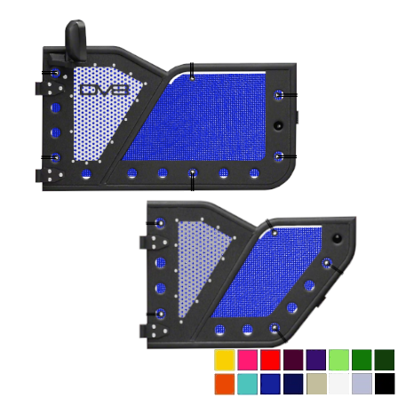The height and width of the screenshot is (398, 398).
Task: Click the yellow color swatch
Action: click(x=225, y=360)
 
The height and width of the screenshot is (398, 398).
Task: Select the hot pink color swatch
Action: click(x=247, y=360)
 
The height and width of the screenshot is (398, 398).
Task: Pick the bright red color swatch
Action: click(x=270, y=360)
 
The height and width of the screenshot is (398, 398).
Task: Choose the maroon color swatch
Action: click(x=293, y=360)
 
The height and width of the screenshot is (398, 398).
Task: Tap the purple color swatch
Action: click(x=316, y=360)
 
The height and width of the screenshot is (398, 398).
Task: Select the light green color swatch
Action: click(x=338, y=360)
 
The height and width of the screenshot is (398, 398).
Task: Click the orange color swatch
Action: click(x=225, y=384)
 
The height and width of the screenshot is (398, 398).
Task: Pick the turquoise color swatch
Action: click(x=247, y=384)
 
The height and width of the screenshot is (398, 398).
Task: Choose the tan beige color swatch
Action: click(x=316, y=384)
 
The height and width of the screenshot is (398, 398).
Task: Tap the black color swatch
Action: click(x=385, y=384)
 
